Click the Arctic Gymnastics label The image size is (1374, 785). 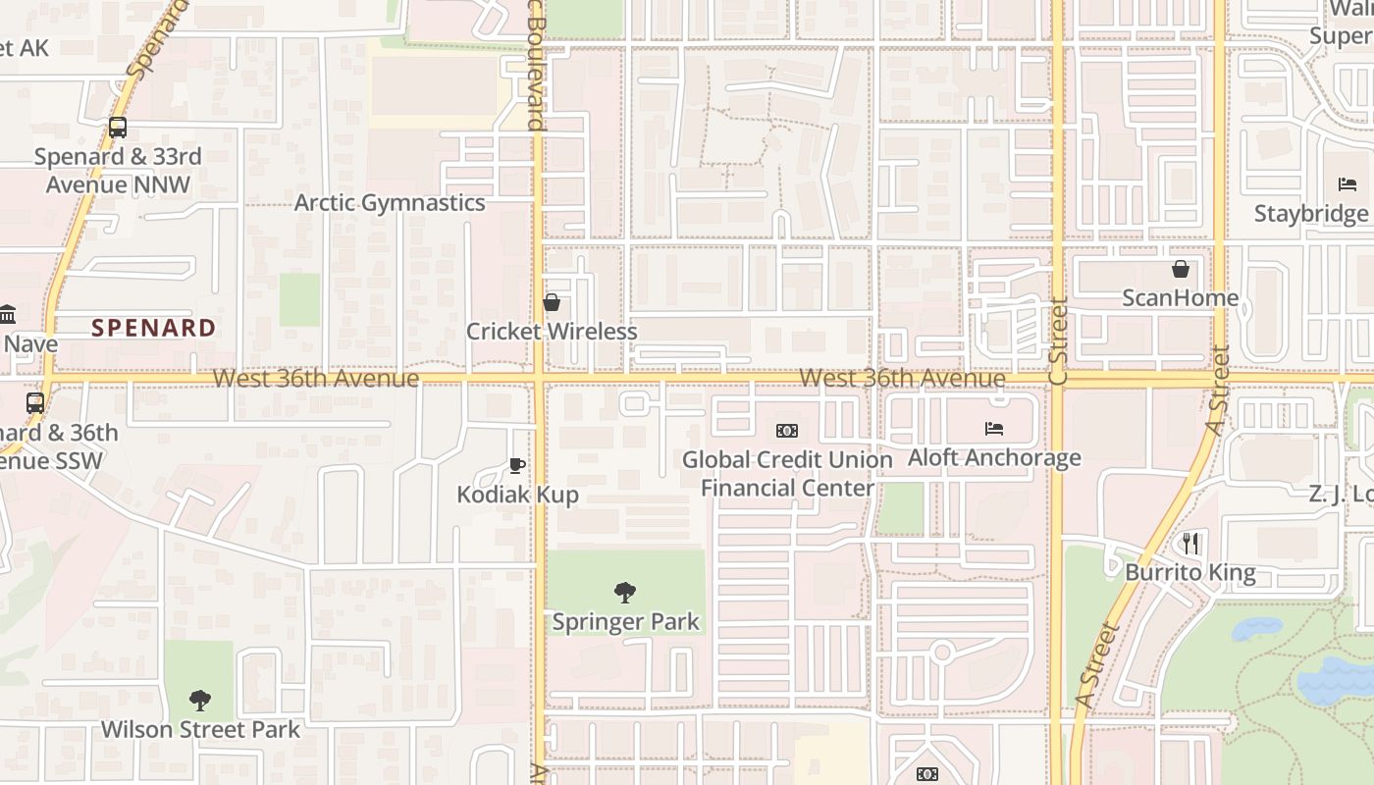(x=390, y=203)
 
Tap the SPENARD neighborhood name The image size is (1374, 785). (x=154, y=328)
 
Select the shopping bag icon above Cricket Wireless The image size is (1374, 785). (x=552, y=302)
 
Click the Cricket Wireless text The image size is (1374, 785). (x=552, y=332)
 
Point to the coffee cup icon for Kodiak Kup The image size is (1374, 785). (x=517, y=465)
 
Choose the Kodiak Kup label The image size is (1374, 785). (x=517, y=495)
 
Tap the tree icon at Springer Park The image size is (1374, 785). (x=624, y=592)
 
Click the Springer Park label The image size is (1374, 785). (x=625, y=621)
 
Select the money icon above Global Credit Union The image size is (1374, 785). (x=786, y=431)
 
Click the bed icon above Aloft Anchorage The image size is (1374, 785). (x=994, y=429)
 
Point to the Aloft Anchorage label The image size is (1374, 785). (x=994, y=457)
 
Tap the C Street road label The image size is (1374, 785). (x=1057, y=341)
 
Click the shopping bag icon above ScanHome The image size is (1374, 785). (x=1180, y=269)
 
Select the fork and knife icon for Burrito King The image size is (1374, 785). (x=1190, y=543)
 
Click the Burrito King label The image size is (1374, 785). (x=1189, y=572)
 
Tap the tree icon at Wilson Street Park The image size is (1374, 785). (x=200, y=701)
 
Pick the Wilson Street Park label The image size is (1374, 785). (x=200, y=730)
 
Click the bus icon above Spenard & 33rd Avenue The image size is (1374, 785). (x=118, y=128)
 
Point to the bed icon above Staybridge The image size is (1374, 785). (x=1347, y=184)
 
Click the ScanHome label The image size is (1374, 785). (x=1180, y=297)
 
